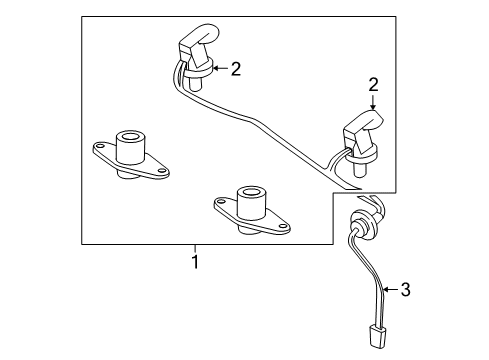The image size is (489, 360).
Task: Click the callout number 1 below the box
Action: [195, 262]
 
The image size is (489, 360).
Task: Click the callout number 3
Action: [405, 289]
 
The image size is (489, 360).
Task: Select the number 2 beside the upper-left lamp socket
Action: [236, 69]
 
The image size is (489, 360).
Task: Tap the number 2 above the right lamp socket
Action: [373, 85]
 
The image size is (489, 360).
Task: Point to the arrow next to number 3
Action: [390, 289]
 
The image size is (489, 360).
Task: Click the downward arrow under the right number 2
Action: [373, 102]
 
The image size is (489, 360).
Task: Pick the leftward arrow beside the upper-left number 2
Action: [220, 68]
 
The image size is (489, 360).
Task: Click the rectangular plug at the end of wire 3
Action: [378, 337]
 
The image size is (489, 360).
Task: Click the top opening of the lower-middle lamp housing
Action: [252, 193]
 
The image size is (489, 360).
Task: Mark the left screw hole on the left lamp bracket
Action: [99, 146]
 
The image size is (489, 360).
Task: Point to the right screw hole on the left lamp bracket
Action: [162, 170]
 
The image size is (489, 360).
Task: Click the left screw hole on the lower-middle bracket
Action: [220, 202]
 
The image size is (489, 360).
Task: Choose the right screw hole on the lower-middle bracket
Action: [283, 226]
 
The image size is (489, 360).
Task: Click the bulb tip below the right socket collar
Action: [360, 170]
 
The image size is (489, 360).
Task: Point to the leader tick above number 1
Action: [195, 248]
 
